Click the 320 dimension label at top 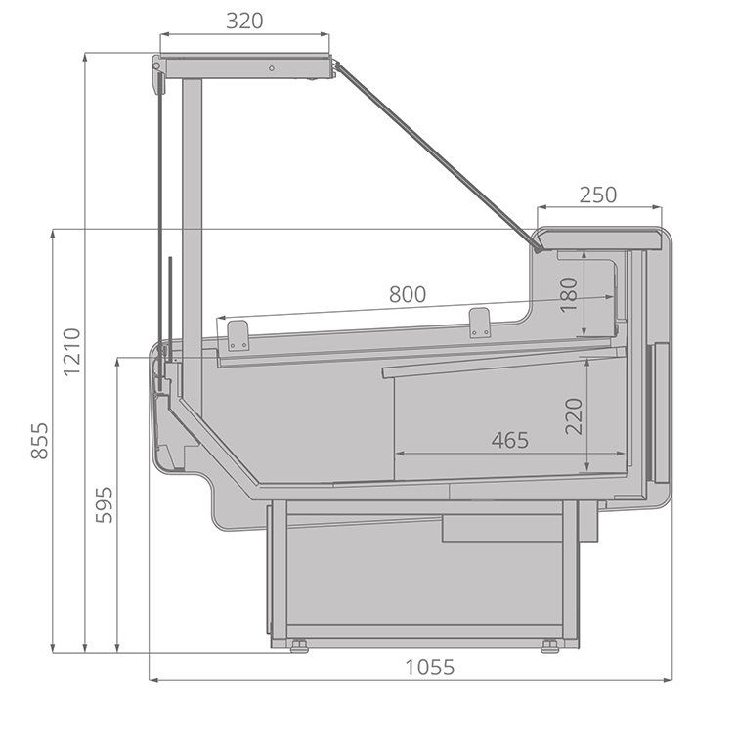[x=244, y=22]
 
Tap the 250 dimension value [x=598, y=195]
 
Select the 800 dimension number [x=408, y=294]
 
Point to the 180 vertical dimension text [x=569, y=294]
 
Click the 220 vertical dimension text [x=574, y=416]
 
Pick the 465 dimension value [x=510, y=440]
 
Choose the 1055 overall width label [x=429, y=667]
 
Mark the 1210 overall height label [x=71, y=352]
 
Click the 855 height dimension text [x=39, y=441]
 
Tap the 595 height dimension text [x=105, y=504]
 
